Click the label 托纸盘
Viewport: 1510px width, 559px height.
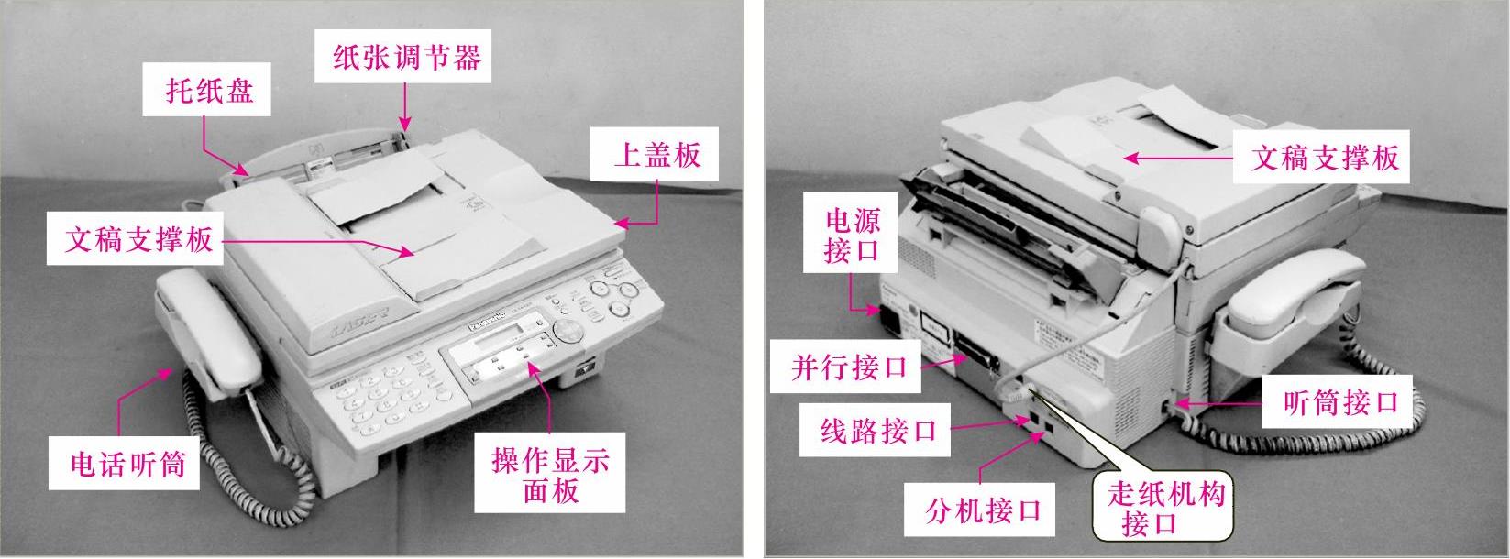tap(209, 90)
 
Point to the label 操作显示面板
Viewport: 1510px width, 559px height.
tap(550, 475)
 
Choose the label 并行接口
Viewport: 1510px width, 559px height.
tap(849, 367)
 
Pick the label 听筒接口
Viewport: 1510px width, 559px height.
tap(1340, 402)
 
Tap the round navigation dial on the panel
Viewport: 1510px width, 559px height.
tap(567, 331)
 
